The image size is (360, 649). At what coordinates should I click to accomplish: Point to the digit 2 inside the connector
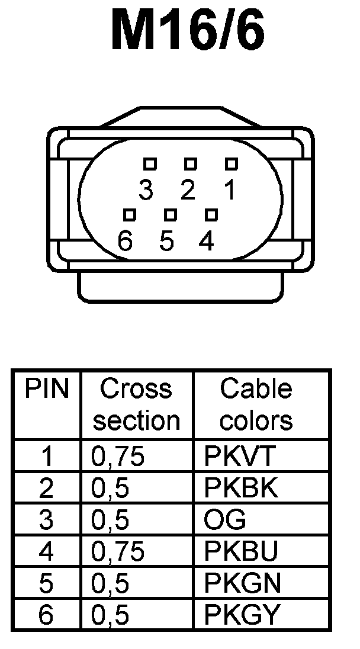point(188,190)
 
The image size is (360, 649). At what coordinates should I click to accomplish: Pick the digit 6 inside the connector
point(125,242)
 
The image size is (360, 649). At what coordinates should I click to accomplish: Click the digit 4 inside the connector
point(206,242)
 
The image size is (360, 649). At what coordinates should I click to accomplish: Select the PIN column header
point(47,390)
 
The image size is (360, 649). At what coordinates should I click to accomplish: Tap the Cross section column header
point(137,404)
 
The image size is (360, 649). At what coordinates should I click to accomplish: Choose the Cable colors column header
point(256,404)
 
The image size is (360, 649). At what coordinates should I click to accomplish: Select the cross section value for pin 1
point(118,457)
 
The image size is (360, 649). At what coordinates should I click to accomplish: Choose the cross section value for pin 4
point(118,552)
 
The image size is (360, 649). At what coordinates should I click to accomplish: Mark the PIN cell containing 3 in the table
point(46,520)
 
